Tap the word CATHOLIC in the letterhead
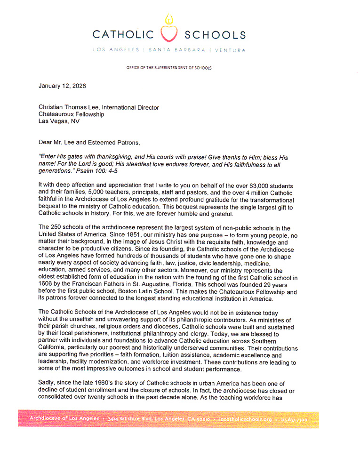(x=123, y=35)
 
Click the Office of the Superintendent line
(x=169, y=68)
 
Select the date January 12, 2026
(x=62, y=86)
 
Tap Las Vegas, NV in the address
(x=59, y=121)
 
